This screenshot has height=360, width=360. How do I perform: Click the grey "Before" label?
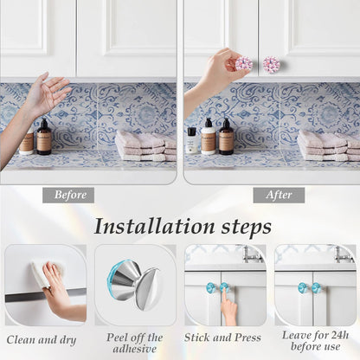(68, 195)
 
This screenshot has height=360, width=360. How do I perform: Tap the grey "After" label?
(279, 195)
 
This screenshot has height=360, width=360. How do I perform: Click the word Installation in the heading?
(155, 227)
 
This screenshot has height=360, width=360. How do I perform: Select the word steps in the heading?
(247, 228)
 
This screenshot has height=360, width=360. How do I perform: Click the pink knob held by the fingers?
(244, 64)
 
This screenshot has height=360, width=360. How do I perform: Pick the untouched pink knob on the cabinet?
(271, 64)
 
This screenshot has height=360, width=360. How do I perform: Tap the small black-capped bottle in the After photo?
(192, 140)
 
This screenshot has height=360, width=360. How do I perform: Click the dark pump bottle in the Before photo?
(44, 137)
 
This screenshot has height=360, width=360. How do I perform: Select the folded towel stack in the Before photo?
(145, 145)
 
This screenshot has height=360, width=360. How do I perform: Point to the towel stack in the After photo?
(329, 145)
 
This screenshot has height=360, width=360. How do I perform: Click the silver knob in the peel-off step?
(136, 285)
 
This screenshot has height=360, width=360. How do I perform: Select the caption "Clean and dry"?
(42, 340)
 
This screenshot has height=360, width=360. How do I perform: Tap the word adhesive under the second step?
(135, 349)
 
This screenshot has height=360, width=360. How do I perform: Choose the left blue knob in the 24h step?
(303, 287)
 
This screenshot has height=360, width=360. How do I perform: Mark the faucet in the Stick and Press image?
(250, 254)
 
